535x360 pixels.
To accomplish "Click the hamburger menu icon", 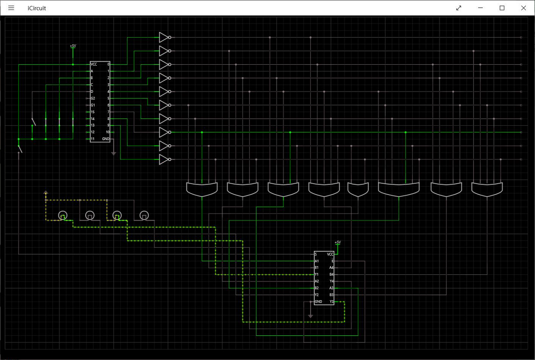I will click(x=11, y=8).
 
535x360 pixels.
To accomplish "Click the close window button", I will click(x=523, y=8).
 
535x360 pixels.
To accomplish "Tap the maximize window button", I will click(x=502, y=8).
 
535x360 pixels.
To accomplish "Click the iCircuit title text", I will click(x=37, y=8).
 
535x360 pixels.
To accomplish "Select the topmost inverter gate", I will click(x=164, y=38).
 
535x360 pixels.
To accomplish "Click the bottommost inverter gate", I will click(x=164, y=160).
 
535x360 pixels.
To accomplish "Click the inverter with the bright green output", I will click(x=164, y=132).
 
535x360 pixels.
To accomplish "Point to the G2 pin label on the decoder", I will click(x=93, y=99).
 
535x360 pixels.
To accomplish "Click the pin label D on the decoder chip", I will click(x=92, y=91).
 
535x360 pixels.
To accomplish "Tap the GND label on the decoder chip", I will click(x=106, y=139).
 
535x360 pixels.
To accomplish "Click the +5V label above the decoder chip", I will click(x=73, y=46).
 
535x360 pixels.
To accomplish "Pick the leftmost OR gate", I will click(x=202, y=189).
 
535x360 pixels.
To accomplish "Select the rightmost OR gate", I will click(x=487, y=189).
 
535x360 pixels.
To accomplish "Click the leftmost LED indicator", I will click(x=62, y=215).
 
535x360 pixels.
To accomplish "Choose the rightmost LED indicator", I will click(x=144, y=215).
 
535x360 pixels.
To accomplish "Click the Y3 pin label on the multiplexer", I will click(x=331, y=302).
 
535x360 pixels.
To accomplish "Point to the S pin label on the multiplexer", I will click(x=316, y=254).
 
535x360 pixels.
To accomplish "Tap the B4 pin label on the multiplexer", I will click(x=331, y=274).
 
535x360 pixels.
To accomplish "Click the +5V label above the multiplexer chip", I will click(x=338, y=242).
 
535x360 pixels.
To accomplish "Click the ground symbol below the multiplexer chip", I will click(x=310, y=316).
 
